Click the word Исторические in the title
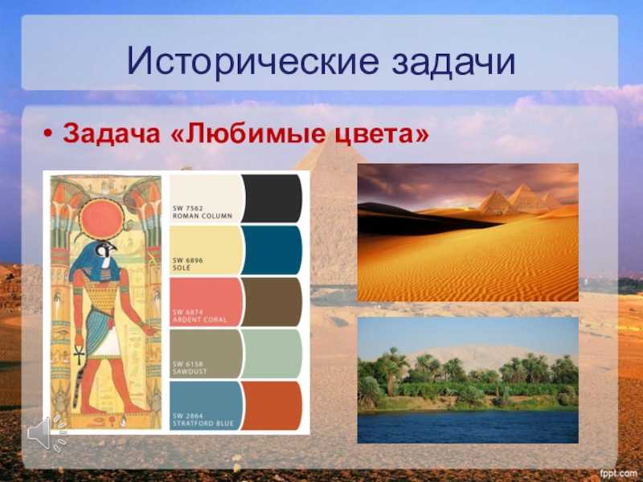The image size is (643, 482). coord(252,62)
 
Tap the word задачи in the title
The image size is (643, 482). coord(453,63)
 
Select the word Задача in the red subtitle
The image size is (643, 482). coord(111,134)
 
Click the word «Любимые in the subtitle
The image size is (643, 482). coord(248,134)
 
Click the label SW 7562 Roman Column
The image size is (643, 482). coord(203,212)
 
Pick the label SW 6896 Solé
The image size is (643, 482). coord(187,263)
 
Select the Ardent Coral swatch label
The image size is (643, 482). coord(199,316)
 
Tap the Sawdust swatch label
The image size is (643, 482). coord(190,368)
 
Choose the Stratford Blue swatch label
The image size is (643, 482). coord(203,419)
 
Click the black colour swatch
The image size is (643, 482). coord(272,198)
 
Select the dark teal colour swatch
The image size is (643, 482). coord(272,250)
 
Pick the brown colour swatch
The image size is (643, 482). coord(272,302)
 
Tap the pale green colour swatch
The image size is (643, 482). coord(272,353)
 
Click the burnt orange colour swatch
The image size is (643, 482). coord(272,406)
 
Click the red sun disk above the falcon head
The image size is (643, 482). coord(101,219)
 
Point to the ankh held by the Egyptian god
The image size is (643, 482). coord(79,353)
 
